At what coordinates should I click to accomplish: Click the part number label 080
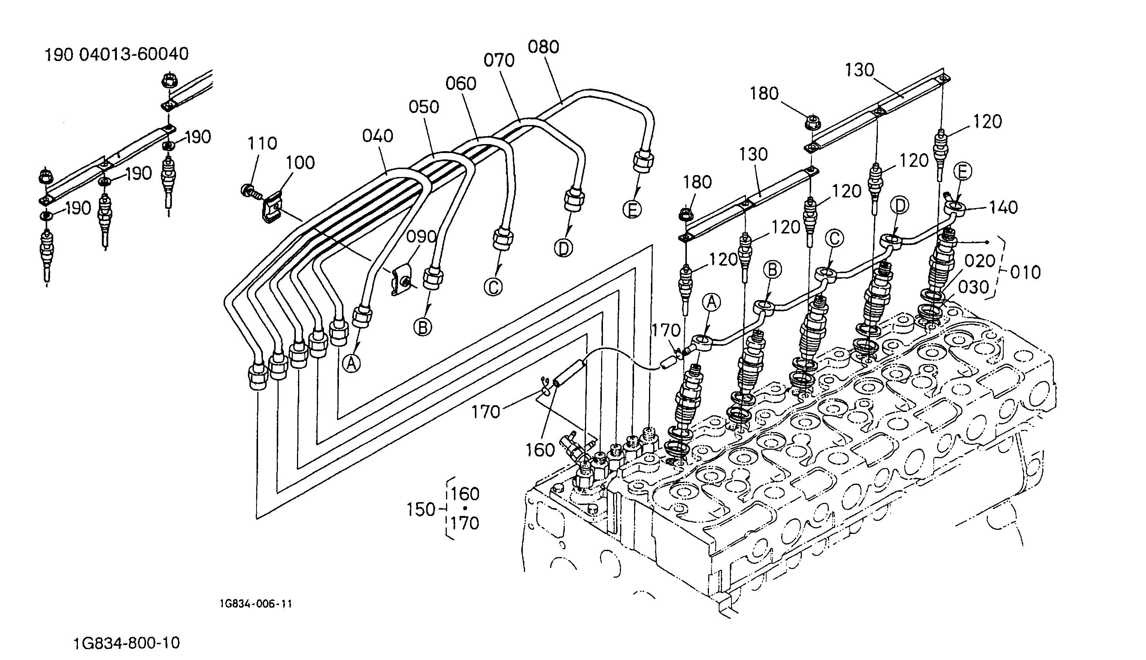(543, 47)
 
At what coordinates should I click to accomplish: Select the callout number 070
(499, 60)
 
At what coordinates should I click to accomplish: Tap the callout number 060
(461, 83)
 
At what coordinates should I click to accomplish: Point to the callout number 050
(424, 107)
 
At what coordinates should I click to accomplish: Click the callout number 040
(378, 135)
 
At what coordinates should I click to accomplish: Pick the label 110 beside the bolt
(262, 143)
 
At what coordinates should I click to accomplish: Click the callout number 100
(300, 163)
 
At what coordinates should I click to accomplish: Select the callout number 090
(421, 236)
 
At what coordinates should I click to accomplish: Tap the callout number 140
(1003, 208)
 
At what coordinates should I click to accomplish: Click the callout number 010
(1025, 272)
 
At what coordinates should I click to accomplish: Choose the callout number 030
(974, 287)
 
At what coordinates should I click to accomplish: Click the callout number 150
(421, 510)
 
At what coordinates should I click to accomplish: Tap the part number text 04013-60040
(134, 54)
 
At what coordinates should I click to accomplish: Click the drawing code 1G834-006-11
(256, 604)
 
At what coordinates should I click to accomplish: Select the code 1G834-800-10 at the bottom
(127, 643)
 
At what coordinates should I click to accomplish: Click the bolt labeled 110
(251, 191)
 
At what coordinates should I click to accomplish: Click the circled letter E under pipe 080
(633, 210)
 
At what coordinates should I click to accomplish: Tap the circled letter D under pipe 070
(563, 248)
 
